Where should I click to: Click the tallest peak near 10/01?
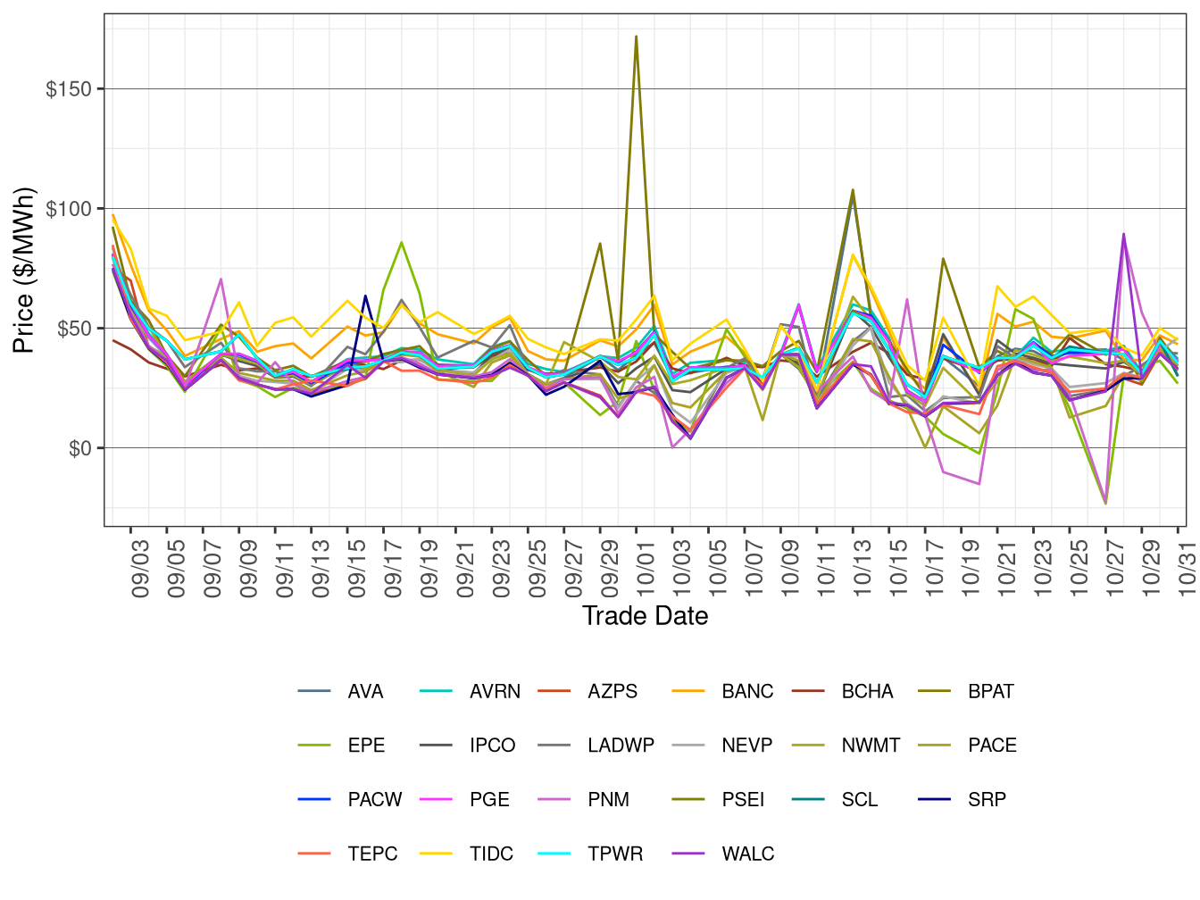click(636, 37)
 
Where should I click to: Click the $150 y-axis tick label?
click(69, 89)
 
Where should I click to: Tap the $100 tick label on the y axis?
click(69, 209)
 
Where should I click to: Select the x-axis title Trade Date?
click(645, 616)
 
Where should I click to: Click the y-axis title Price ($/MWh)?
click(23, 270)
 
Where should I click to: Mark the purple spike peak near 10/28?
click(1123, 234)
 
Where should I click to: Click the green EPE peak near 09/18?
click(402, 242)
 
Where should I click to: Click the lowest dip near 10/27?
click(1105, 504)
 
